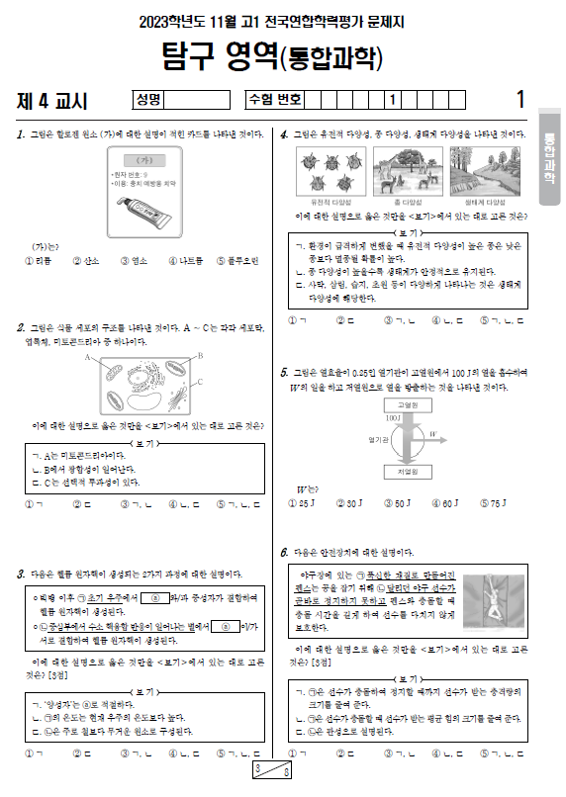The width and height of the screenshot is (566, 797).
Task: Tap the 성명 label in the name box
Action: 148,99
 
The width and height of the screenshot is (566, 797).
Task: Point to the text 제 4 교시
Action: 52,100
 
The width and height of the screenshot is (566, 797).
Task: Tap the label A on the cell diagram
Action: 87,356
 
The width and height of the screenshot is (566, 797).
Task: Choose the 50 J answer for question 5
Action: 397,503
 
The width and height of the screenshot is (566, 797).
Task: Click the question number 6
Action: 284,552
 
